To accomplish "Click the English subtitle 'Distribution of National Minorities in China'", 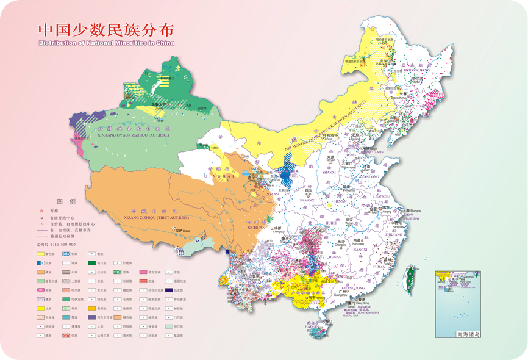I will pyautogui.click(x=106, y=43).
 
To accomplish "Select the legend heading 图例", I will pyautogui.click(x=65, y=201).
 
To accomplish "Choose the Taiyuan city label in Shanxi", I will pyautogui.click(x=330, y=160).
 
